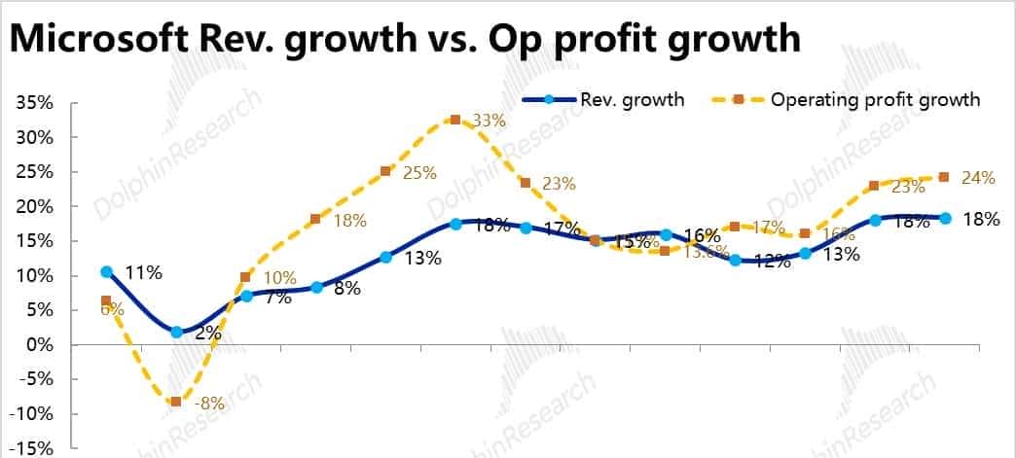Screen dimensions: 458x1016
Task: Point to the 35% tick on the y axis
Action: point(33,103)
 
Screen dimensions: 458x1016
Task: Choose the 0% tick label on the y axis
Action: point(37,345)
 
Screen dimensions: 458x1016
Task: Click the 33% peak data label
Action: point(489,122)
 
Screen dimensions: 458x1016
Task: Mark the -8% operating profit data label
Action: point(208,403)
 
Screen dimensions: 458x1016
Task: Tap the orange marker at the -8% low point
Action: point(176,402)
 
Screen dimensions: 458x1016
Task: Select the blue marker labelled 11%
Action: point(106,272)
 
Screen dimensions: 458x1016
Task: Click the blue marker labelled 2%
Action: point(176,332)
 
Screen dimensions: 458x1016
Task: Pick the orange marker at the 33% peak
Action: point(455,120)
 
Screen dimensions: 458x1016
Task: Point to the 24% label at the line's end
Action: point(978,178)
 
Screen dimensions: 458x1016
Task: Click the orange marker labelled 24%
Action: point(943,177)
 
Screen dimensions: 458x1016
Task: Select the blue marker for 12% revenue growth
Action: point(735,260)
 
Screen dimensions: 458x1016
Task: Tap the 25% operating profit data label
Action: point(419,173)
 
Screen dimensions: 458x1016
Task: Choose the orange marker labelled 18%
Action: point(315,219)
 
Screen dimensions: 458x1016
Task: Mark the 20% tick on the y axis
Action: point(33,207)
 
